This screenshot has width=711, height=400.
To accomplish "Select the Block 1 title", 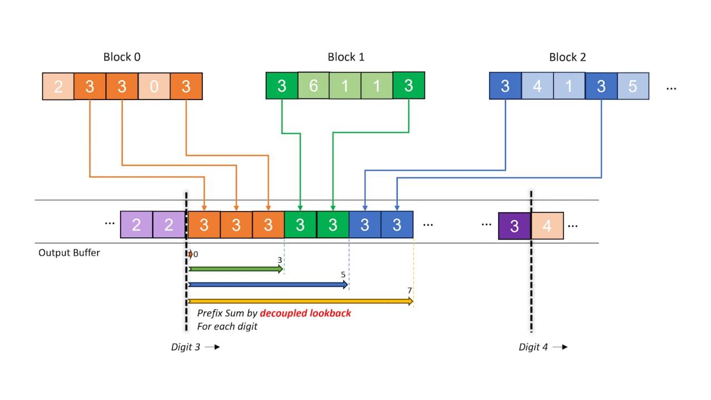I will [346, 57].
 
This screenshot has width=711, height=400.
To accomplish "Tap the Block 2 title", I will [567, 57].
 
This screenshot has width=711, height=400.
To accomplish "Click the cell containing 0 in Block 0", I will [154, 87].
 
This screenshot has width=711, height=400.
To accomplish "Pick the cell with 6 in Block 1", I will [313, 86].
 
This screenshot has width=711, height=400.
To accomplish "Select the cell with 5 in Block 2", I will [633, 86].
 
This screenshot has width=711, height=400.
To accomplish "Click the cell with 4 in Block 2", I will [537, 86].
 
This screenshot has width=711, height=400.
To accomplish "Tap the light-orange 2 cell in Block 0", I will [58, 87].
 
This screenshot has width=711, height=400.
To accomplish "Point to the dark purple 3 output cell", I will [514, 226].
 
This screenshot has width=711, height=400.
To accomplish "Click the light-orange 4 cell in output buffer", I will [547, 226].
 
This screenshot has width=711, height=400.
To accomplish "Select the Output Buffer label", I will [69, 253].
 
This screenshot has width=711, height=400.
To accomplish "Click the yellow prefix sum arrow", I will [300, 301].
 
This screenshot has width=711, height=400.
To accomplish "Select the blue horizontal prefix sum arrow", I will [267, 284].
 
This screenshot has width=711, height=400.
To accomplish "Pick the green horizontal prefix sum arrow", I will [234, 269].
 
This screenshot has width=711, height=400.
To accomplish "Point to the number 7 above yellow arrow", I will [409, 291].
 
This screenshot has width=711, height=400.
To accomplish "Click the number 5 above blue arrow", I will [343, 275].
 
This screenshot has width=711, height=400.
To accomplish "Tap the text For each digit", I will [227, 327].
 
